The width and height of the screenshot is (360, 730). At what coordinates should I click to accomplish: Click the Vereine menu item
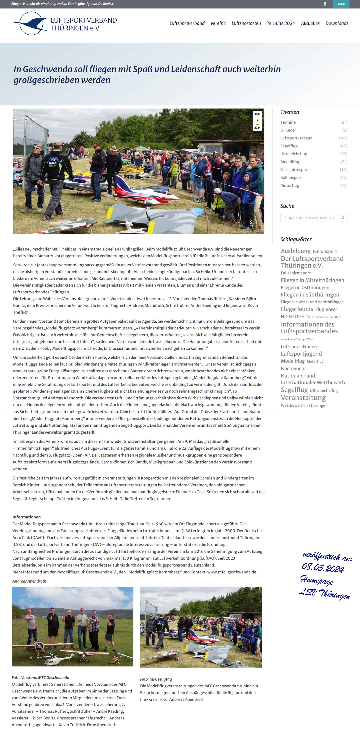click(x=218, y=23)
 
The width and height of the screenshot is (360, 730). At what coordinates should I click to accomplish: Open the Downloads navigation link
click(x=337, y=23)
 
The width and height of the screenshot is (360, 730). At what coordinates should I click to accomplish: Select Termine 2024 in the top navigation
click(x=281, y=23)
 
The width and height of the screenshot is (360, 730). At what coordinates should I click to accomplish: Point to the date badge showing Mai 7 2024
click(x=257, y=121)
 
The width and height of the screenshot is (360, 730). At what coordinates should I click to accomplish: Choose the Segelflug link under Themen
click(x=289, y=146)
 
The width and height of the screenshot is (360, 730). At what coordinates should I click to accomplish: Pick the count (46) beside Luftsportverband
click(x=343, y=138)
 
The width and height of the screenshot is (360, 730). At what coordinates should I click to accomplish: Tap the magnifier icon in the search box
click(x=342, y=218)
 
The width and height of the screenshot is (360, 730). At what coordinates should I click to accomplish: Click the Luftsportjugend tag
click(x=301, y=354)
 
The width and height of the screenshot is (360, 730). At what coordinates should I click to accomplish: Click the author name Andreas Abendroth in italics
click(x=29, y=581)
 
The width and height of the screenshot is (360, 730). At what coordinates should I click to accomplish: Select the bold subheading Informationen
click(x=26, y=517)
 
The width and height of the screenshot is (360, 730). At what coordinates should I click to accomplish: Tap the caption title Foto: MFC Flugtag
click(x=156, y=679)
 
